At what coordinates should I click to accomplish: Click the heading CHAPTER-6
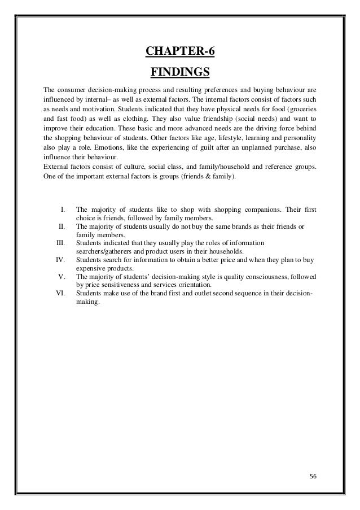(x=180, y=53)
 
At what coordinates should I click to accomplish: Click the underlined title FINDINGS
(x=180, y=73)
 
